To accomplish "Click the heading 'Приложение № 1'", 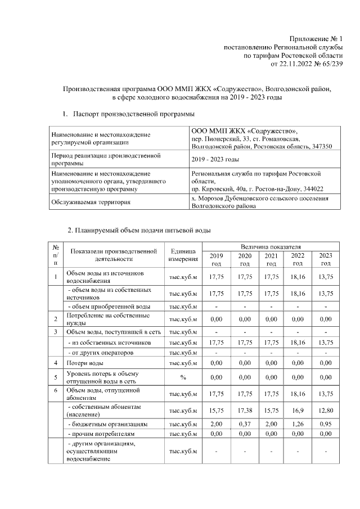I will click(316, 38).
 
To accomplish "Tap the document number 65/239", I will click(330, 65).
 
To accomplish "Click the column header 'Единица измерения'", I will click(183, 255).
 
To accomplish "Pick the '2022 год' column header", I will click(298, 259).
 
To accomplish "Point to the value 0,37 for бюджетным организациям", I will click(244, 424).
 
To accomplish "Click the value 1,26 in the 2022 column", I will click(298, 424).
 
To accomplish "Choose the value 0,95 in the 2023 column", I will click(325, 424).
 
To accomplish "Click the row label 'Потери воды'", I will click(83, 363).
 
